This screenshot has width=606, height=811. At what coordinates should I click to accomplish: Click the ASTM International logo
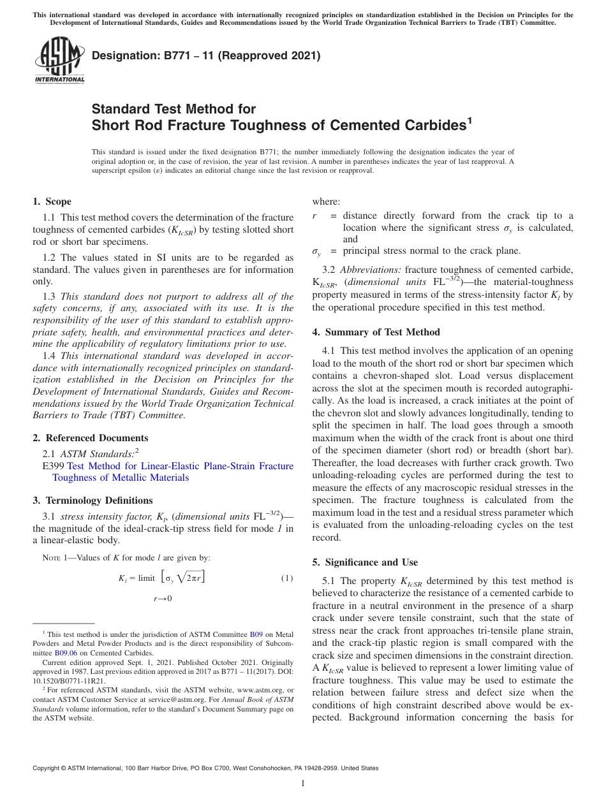click(x=59, y=61)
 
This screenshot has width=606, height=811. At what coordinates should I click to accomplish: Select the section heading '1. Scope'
click(x=52, y=201)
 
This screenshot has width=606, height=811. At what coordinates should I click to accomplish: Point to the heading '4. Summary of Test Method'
click(x=376, y=332)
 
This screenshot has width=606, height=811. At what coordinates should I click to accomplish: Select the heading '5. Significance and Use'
click(x=365, y=562)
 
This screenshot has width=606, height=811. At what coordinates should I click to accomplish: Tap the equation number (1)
click(x=286, y=578)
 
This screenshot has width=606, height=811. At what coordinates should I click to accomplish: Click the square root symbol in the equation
click(x=185, y=578)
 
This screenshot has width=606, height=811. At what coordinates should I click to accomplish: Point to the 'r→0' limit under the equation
click(x=163, y=599)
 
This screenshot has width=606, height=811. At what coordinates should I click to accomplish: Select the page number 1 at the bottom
click(x=303, y=784)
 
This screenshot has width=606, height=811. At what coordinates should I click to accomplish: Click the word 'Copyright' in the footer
click(x=47, y=768)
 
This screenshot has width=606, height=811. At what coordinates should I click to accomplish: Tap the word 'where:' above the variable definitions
click(x=326, y=201)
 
